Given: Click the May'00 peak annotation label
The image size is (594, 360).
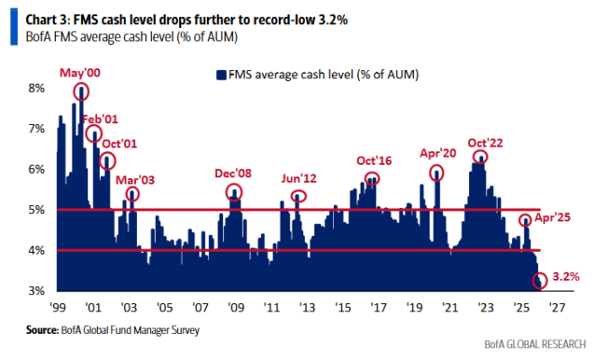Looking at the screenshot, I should coord(81,73).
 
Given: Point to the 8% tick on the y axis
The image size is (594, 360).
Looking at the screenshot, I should coord(37,88).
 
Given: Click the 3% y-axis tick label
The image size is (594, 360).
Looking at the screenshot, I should coord(37,291).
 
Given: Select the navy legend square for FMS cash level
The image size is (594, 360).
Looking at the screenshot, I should coord(218,74).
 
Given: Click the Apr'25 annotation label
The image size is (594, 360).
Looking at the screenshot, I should coord(553,218).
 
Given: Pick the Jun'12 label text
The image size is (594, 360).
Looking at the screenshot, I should coord(299,177).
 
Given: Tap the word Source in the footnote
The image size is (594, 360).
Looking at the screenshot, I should coord(42,330).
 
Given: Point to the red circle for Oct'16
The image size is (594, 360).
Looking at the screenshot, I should coord(372,178).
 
